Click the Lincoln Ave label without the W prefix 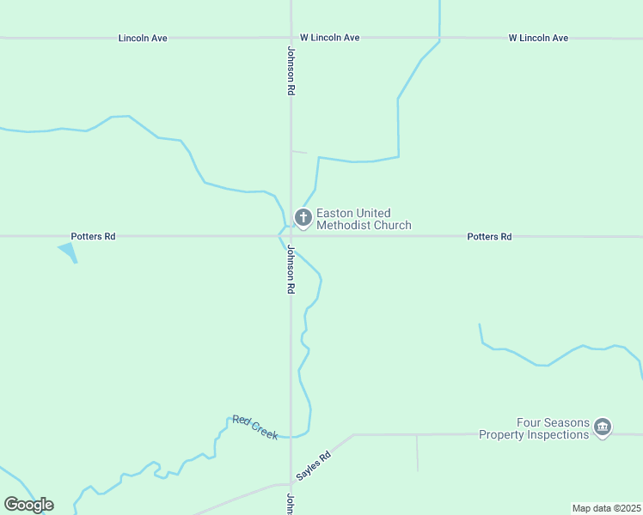pyautogui.click(x=143, y=38)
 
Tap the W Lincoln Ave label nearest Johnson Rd pyautogui.click(x=329, y=38)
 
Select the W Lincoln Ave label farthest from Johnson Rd pyautogui.click(x=538, y=38)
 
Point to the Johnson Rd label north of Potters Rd pyautogui.click(x=291, y=70)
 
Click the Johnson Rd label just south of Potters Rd pyautogui.click(x=291, y=270)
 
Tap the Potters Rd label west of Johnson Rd pyautogui.click(x=93, y=236)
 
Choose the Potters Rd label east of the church pyautogui.click(x=489, y=236)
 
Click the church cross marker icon pyautogui.click(x=303, y=218)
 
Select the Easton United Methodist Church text pyautogui.click(x=364, y=219)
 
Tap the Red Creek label pyautogui.click(x=255, y=427)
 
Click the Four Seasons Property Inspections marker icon pyautogui.click(x=603, y=427)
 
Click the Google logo pyautogui.click(x=28, y=504)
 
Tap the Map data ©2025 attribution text pyautogui.click(x=606, y=508)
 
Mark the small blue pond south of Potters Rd pyautogui.click(x=68, y=251)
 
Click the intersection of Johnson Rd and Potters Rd pyautogui.click(x=291, y=236)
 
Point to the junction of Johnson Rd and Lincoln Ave pyautogui.click(x=291, y=38)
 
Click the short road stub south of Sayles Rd pyautogui.click(x=418, y=453)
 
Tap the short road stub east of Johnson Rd pyautogui.click(x=299, y=152)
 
